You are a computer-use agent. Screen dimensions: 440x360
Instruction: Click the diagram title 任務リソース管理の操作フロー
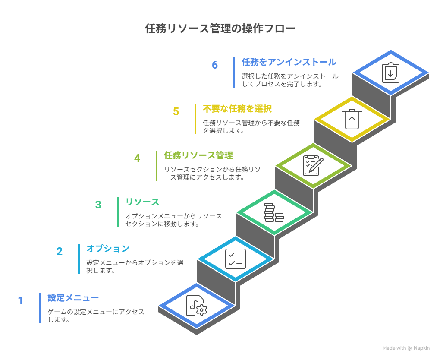220,28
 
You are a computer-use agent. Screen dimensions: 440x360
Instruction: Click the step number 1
20,300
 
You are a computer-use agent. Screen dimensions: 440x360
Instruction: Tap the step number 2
60,251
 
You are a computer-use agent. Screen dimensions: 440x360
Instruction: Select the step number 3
98,205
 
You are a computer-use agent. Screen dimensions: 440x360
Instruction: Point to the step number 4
137,158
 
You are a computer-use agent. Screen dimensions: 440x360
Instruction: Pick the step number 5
176,111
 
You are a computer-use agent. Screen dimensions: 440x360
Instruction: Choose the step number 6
215,65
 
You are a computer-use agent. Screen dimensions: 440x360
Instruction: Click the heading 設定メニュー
73,298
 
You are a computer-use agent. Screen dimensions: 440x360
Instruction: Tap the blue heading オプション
108,249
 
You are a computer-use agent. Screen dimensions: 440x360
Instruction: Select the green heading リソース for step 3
142,202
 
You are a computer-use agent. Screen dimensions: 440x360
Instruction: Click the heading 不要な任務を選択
237,109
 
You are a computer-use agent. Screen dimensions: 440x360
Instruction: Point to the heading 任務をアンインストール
289,62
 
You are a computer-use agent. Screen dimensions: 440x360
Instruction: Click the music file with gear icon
197,306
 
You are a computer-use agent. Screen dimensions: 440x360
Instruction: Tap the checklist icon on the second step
236,259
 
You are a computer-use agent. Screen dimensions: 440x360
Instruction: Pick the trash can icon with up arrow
352,119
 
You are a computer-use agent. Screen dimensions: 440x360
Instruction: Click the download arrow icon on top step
391,73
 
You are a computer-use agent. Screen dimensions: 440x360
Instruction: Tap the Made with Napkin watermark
406,348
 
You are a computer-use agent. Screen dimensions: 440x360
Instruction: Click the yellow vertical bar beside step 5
195,119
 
